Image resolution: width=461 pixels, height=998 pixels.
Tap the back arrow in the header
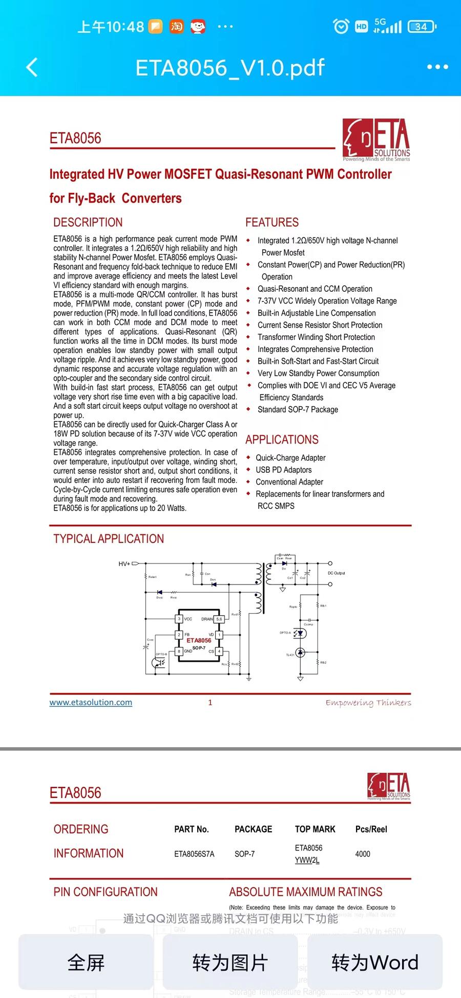coord(32,67)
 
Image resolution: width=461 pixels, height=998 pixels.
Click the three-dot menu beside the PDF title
coord(437,67)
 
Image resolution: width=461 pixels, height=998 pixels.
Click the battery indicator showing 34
coord(422,27)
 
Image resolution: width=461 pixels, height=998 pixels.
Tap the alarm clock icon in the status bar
coord(341,27)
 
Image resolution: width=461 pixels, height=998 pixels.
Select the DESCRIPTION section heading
coord(88,223)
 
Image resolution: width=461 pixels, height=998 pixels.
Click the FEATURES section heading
coord(272,223)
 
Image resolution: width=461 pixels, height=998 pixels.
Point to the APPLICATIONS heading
coord(282,440)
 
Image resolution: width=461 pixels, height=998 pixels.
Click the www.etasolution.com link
coord(91,702)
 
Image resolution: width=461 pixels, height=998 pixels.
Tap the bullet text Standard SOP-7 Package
coord(298,409)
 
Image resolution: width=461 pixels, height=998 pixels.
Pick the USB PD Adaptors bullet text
coord(284,470)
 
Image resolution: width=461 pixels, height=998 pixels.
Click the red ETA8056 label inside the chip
coord(199,640)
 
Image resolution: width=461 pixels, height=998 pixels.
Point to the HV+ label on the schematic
coord(124,563)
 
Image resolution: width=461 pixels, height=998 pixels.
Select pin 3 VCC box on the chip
coord(179,619)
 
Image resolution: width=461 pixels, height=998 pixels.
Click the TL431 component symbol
coord(301,653)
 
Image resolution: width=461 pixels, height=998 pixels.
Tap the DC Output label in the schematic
coord(336,573)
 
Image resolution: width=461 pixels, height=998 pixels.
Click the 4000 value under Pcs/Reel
coord(363,854)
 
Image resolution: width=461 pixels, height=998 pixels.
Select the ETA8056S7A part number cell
coord(194,854)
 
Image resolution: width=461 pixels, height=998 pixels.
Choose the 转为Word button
coord(374,963)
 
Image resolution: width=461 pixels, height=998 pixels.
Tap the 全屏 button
coord(86,963)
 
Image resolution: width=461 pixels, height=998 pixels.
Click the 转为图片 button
coord(230,963)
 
